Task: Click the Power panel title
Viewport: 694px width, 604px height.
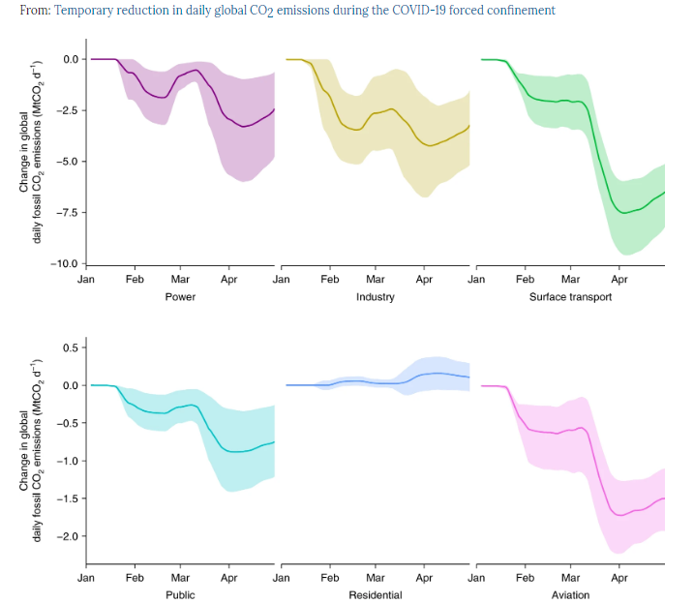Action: tap(180, 296)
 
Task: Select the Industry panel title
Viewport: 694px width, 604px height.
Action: tap(376, 296)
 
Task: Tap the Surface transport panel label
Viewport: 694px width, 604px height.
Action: tap(570, 296)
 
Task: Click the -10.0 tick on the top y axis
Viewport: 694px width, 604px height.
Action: tap(66, 263)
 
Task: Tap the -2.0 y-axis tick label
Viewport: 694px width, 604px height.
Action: tap(69, 535)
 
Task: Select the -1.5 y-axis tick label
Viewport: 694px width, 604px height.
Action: tap(69, 498)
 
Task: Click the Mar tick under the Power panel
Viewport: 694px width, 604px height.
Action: tap(180, 279)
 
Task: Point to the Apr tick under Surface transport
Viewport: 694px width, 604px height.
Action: tap(619, 279)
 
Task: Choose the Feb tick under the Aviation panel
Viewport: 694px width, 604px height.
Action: tap(526, 578)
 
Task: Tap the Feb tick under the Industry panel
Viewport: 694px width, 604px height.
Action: tap(330, 279)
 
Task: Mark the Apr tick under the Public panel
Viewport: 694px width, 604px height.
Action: tap(229, 578)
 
